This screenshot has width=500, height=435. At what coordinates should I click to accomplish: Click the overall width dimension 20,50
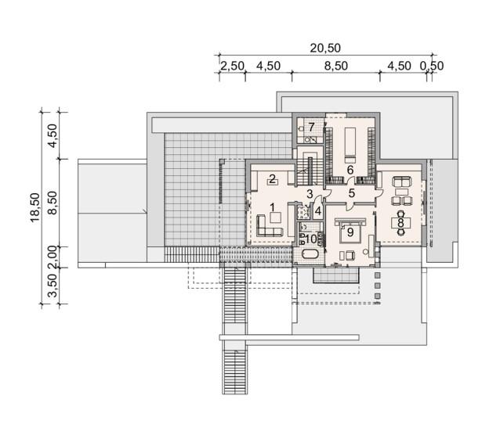(x=325, y=48)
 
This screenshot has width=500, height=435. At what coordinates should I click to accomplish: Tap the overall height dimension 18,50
(x=35, y=207)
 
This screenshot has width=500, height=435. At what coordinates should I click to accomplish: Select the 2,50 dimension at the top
(x=233, y=66)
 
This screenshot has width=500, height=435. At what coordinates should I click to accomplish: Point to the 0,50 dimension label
(x=432, y=66)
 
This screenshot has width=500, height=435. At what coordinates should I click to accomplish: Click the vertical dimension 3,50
(x=53, y=286)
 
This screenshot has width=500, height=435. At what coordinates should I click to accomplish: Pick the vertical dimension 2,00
(x=53, y=257)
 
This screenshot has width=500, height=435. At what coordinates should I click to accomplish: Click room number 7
(x=311, y=127)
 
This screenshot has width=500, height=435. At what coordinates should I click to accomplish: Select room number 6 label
(x=350, y=170)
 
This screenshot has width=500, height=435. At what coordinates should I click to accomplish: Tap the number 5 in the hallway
(x=352, y=193)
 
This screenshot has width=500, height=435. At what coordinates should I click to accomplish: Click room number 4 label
(x=318, y=210)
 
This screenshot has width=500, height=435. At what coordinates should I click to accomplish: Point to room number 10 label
(x=311, y=239)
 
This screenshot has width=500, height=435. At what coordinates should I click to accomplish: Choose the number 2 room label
(x=272, y=179)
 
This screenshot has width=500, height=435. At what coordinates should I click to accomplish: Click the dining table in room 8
(x=400, y=223)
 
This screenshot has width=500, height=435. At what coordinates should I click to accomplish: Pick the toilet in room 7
(x=301, y=128)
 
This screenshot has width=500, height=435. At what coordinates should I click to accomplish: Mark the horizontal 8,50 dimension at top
(x=336, y=66)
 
